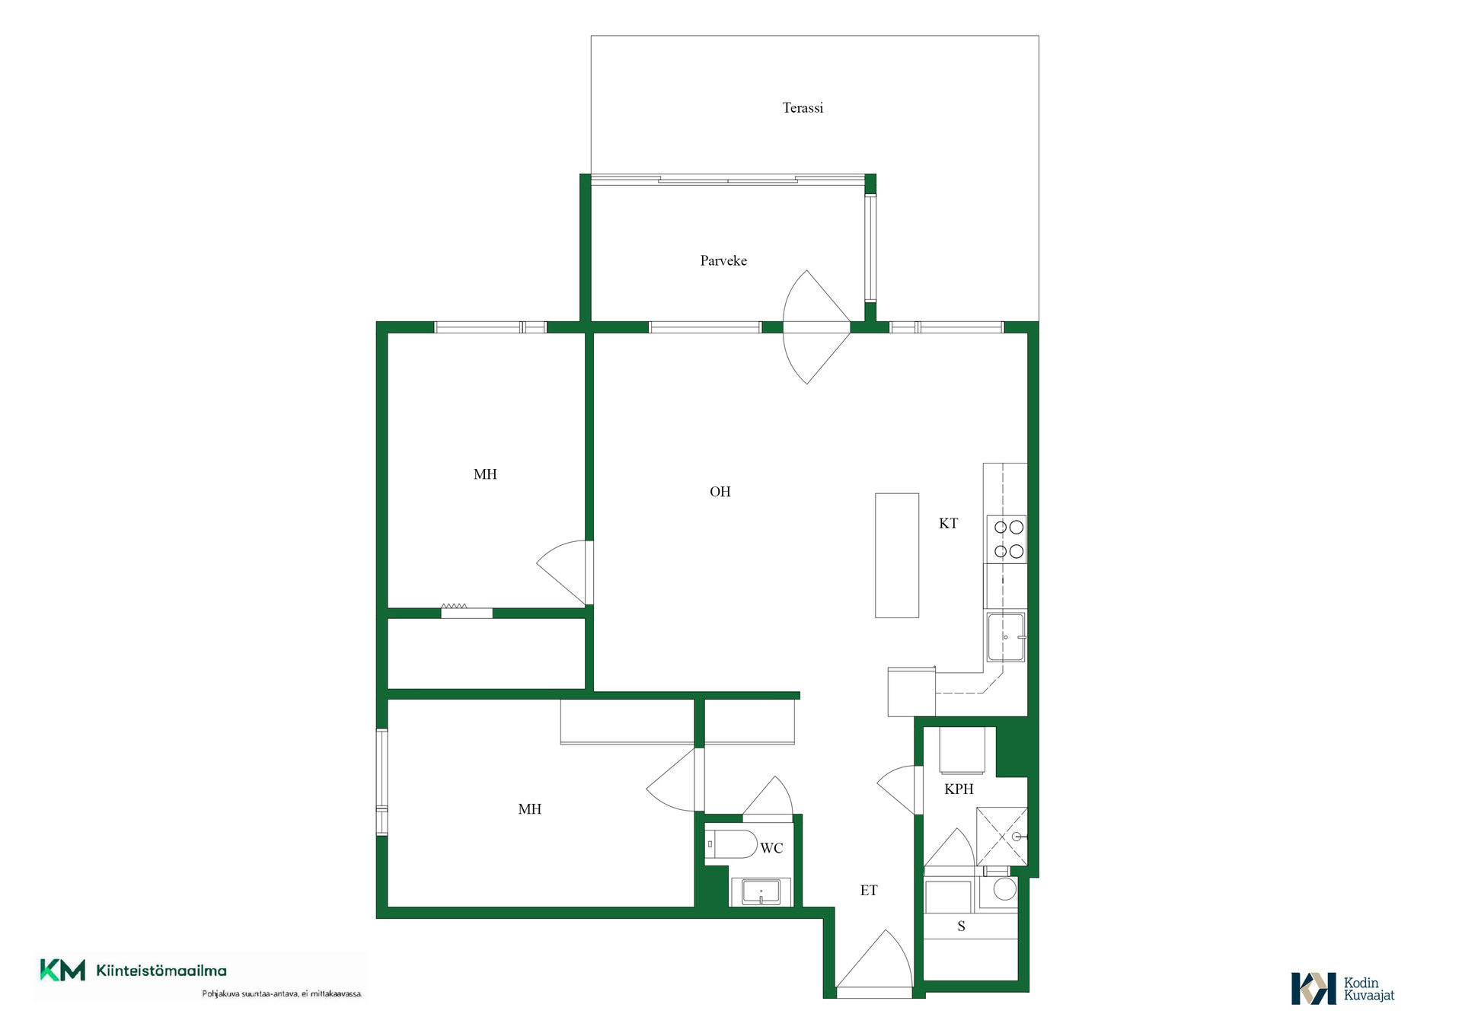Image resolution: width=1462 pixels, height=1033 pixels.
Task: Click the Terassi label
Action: [803, 108]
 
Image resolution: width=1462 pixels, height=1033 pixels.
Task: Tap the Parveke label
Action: [723, 260]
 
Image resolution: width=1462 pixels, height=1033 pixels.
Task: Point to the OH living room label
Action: [720, 492]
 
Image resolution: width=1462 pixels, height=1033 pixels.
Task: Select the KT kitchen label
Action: [948, 523]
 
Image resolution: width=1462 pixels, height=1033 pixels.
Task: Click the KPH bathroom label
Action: [959, 789]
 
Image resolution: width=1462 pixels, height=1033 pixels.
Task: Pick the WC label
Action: [771, 848]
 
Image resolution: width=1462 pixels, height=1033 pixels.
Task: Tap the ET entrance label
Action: [869, 890]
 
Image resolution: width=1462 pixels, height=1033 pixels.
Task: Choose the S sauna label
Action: [961, 926]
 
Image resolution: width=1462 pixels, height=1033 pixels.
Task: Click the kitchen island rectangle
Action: [897, 555]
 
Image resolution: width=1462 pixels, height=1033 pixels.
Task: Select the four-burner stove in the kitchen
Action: [1007, 539]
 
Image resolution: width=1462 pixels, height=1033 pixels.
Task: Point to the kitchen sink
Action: [1006, 637]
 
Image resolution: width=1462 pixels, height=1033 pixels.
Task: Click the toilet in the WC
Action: [730, 844]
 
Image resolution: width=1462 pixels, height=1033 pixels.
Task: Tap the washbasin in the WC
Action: [761, 891]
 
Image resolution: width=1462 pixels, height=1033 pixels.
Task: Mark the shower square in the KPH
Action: [1002, 836]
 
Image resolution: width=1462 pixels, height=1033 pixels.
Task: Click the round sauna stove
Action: [1004, 889]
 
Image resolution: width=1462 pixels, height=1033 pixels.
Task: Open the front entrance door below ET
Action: [874, 963]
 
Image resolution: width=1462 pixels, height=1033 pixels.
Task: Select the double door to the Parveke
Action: [816, 327]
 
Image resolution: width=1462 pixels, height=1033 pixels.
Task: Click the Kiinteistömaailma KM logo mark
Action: [62, 970]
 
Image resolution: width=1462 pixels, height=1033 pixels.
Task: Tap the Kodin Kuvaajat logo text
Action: [1368, 989]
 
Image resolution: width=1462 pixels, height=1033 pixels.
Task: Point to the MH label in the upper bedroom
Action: [485, 474]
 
